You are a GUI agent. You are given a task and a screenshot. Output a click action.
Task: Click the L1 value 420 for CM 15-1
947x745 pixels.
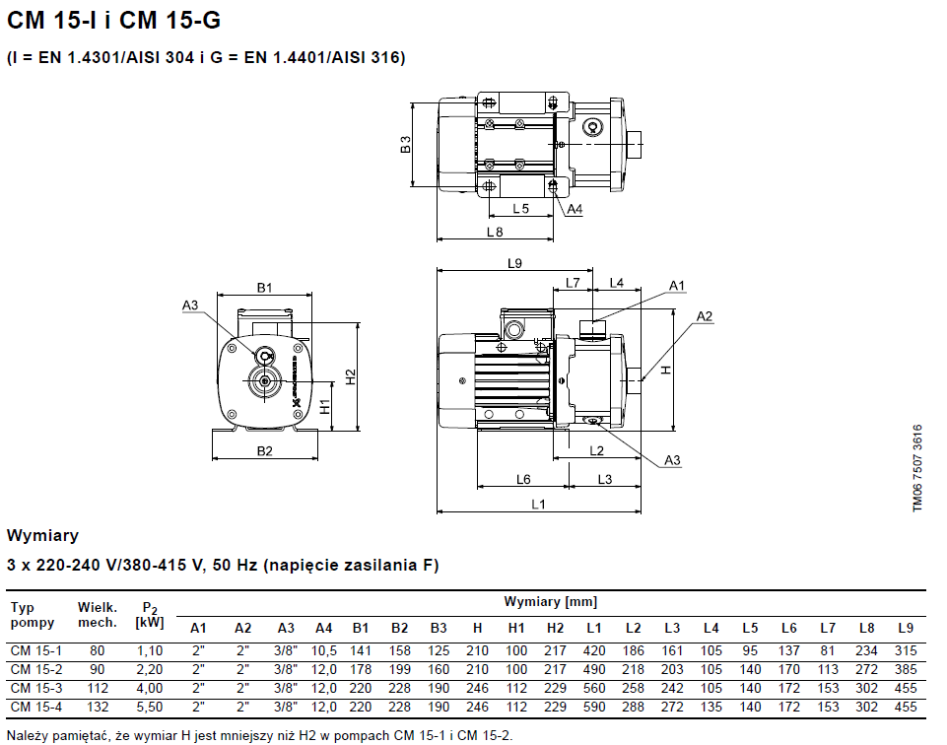(x=593, y=651)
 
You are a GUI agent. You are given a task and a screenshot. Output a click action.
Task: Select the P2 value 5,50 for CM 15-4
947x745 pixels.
(x=150, y=708)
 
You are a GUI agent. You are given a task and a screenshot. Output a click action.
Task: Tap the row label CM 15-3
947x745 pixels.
(x=35, y=689)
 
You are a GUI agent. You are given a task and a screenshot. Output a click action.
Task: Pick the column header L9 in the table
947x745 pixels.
(x=906, y=628)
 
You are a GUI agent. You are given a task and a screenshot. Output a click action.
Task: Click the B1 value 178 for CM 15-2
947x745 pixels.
(x=361, y=670)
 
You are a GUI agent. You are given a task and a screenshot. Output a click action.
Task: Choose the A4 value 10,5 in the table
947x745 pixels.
(x=324, y=651)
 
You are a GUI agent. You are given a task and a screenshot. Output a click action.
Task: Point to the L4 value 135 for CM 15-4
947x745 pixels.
(x=710, y=708)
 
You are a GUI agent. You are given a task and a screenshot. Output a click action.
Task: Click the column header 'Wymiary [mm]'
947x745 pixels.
(x=550, y=602)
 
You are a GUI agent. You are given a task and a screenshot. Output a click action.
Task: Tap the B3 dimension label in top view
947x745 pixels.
(x=405, y=145)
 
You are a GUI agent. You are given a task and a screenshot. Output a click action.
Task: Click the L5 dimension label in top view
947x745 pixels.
(x=521, y=209)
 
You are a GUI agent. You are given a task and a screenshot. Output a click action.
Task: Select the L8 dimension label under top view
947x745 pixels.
(x=495, y=232)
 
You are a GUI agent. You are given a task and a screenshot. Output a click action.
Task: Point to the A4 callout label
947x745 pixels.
(x=575, y=209)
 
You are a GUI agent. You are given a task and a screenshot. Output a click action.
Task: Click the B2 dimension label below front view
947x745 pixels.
(x=264, y=451)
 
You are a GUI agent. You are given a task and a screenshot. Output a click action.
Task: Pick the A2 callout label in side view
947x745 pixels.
(x=705, y=316)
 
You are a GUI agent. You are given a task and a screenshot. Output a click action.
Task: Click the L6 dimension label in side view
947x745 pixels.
(x=523, y=480)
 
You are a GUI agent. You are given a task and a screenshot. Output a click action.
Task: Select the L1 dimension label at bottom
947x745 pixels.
(x=539, y=505)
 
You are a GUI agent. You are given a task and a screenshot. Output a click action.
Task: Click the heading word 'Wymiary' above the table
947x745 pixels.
(x=43, y=536)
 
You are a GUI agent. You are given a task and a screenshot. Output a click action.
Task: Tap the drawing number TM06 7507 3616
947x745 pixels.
(x=916, y=468)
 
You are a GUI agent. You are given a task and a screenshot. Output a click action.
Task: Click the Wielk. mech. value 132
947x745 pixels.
(x=97, y=708)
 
